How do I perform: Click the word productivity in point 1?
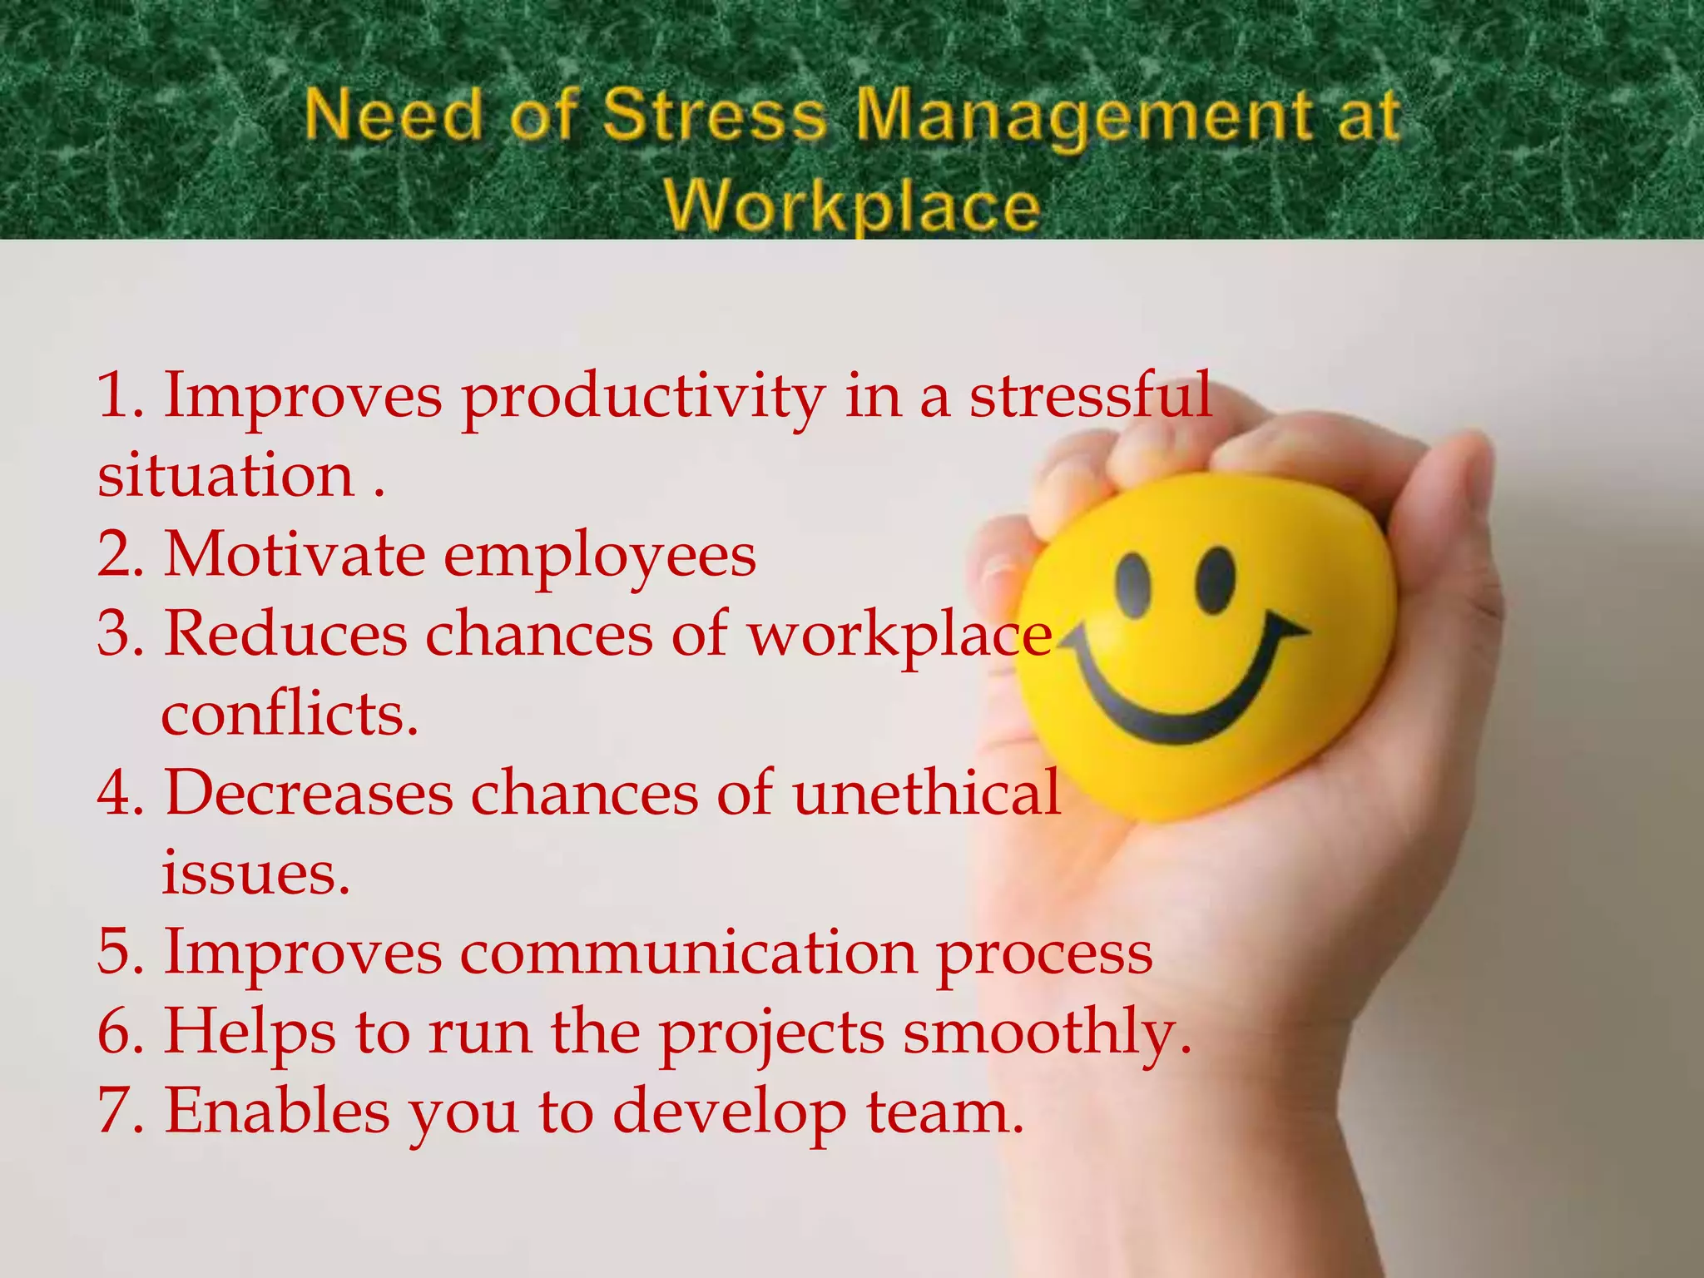[643, 398]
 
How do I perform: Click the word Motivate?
[295, 554]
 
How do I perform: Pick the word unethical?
[926, 792]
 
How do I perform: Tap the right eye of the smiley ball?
[1216, 577]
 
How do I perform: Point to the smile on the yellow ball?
[1181, 699]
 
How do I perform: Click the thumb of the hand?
[1439, 516]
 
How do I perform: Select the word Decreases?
[308, 792]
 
